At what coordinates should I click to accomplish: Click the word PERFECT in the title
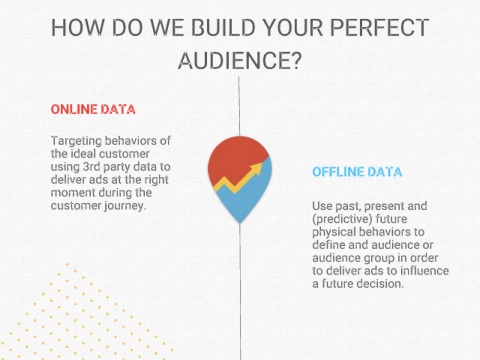tap(379, 27)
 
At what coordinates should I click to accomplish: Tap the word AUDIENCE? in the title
tap(240, 60)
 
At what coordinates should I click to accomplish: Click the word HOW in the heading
tap(77, 27)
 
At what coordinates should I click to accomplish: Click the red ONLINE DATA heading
tap(93, 109)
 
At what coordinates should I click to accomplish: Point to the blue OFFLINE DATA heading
tap(357, 172)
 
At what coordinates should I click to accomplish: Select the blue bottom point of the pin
tap(240, 222)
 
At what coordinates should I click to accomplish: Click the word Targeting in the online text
tap(76, 141)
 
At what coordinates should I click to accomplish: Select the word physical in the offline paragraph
tap(334, 232)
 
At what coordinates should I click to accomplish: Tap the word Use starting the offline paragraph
tap(322, 206)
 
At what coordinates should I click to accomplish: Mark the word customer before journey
tap(76, 206)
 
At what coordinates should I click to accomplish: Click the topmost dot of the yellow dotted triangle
tap(67, 265)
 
